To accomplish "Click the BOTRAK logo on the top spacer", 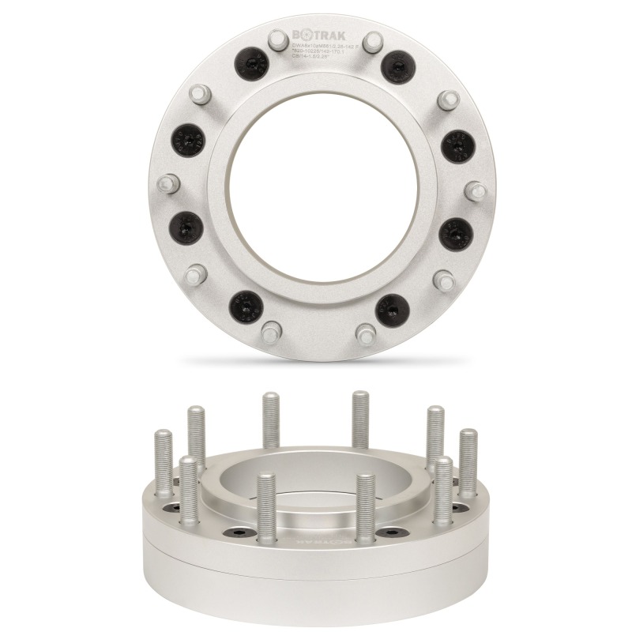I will coord(325,35).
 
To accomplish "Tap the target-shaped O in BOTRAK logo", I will coord(305,35).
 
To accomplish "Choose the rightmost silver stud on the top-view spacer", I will coord(474,190).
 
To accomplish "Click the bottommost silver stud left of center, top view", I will coord(270,329).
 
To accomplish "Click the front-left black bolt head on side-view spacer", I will coord(238,533).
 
